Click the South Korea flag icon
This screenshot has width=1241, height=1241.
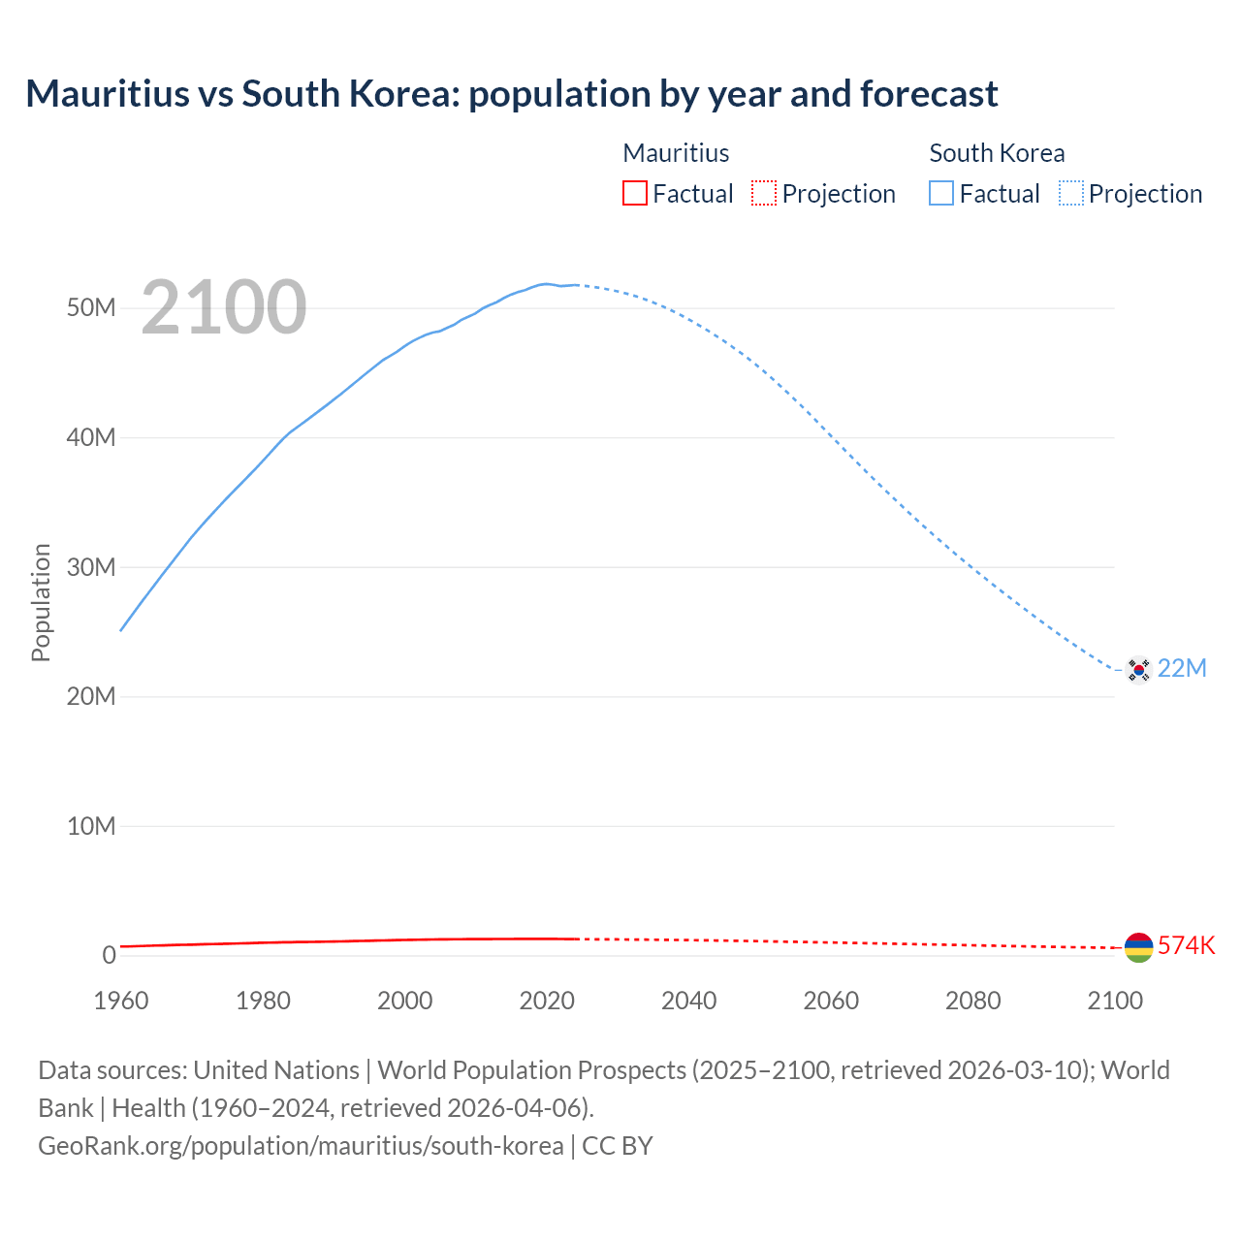pyautogui.click(x=1138, y=669)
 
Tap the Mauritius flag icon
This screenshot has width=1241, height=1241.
pyautogui.click(x=1138, y=947)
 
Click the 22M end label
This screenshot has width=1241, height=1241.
pyautogui.click(x=1182, y=669)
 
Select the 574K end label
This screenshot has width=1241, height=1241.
pyautogui.click(x=1186, y=946)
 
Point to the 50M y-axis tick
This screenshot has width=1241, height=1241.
pyautogui.click(x=91, y=308)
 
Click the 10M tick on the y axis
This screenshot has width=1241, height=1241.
pyautogui.click(x=91, y=826)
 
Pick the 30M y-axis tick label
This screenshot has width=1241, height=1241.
pyautogui.click(x=91, y=567)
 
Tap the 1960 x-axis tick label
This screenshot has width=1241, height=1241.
pyautogui.click(x=121, y=1001)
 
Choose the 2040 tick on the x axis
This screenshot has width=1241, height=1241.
pyautogui.click(x=688, y=1001)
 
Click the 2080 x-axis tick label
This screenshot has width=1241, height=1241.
pyautogui.click(x=972, y=1001)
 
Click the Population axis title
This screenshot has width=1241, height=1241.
pyautogui.click(x=41, y=602)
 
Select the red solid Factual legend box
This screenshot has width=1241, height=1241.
pyautogui.click(x=635, y=194)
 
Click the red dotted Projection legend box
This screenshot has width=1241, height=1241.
pyautogui.click(x=764, y=194)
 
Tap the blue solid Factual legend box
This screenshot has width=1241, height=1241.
pyautogui.click(x=941, y=194)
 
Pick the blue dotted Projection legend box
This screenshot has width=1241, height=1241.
pyautogui.click(x=1071, y=194)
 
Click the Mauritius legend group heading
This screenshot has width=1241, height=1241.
pyautogui.click(x=676, y=153)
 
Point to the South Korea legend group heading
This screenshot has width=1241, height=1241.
pyautogui.click(x=997, y=153)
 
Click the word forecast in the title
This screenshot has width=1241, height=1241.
pyautogui.click(x=929, y=94)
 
